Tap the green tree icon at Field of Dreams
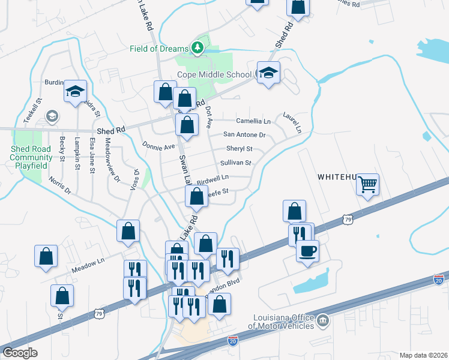[196, 47]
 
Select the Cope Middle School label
[214, 75]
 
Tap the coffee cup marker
[307, 251]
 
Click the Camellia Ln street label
[253, 121]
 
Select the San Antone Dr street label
[244, 135]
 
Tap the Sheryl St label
[239, 149]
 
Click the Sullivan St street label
[235, 163]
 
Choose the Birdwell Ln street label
[213, 178]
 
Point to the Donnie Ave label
[158, 146]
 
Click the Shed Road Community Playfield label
[31, 157]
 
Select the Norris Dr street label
[60, 185]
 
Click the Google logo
[20, 353]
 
